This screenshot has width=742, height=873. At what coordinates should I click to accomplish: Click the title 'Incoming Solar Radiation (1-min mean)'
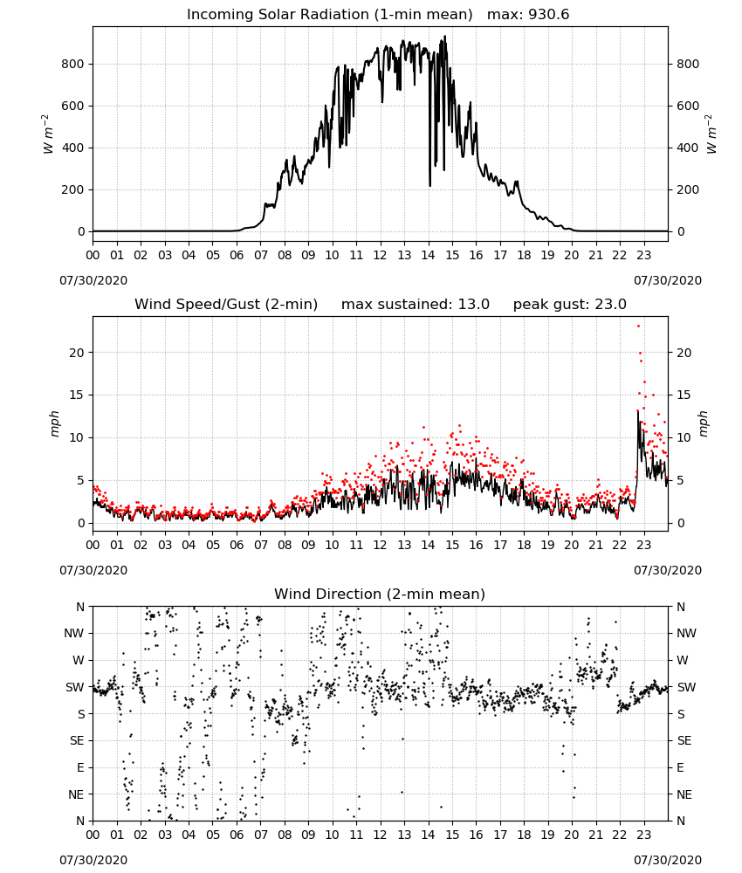pos(329,15)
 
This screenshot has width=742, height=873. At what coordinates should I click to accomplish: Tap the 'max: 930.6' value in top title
pos(528,15)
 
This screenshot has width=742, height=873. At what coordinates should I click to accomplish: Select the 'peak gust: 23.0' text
pos(569,305)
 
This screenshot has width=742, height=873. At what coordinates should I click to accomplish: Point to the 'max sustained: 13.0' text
pos(416,305)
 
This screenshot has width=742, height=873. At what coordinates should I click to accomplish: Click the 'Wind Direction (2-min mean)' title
pos(380,594)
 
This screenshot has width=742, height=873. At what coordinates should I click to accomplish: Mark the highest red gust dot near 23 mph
pos(638,326)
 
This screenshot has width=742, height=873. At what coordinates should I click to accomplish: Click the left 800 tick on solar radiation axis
pos(73,64)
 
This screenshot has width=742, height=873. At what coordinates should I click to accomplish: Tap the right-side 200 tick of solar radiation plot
pos(688,189)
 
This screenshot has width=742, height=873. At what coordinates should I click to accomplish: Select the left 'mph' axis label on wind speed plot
pos(54,423)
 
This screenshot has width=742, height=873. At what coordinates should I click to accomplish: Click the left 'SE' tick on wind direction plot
pos(77,740)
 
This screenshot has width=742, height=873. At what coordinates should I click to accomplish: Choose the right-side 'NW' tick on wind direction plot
pos(686,633)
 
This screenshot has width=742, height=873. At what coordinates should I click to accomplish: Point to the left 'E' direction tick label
pos(80,767)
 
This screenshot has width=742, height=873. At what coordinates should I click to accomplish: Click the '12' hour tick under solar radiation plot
pos(381,256)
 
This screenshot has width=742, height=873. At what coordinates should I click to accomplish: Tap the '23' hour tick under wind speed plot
pos(644,545)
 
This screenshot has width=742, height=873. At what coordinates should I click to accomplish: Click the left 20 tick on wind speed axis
pos(77,353)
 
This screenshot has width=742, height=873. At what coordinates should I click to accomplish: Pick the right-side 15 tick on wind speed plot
pos(684,395)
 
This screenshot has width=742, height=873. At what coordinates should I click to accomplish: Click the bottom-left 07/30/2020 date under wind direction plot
pos(93,860)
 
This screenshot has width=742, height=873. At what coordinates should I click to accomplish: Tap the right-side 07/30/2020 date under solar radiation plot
pos(668,280)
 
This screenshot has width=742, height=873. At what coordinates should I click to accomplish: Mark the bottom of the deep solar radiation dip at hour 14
pos(429,185)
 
